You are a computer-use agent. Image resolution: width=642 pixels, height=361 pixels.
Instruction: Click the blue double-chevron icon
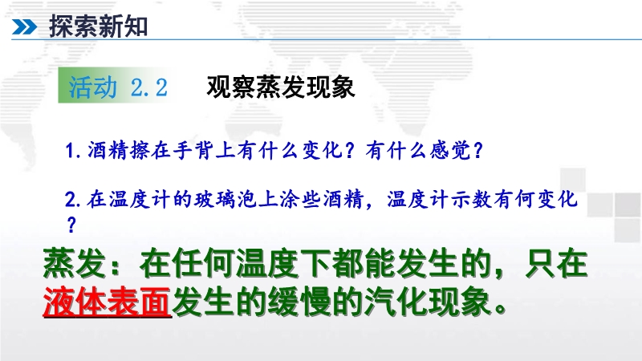tap(24, 27)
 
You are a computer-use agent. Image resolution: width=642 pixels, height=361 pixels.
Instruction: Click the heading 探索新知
tap(98, 26)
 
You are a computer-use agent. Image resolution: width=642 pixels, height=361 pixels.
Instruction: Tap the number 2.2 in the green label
tap(149, 87)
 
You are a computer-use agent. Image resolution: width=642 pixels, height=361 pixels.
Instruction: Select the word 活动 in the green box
tap(92, 87)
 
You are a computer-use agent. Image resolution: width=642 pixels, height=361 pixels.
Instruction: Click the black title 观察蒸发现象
tap(281, 87)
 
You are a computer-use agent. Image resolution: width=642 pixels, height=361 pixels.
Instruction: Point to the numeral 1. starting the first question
tap(73, 151)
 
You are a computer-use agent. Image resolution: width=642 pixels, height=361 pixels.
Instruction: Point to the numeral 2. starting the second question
tap(73, 200)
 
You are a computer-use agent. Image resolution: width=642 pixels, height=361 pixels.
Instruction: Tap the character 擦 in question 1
tap(140, 150)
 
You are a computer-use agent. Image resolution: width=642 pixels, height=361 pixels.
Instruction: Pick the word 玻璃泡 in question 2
tap(226, 199)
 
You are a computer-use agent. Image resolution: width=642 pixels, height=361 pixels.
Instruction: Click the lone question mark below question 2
tap(71, 225)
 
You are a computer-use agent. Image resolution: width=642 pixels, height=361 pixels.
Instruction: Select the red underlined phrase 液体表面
tap(107, 302)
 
